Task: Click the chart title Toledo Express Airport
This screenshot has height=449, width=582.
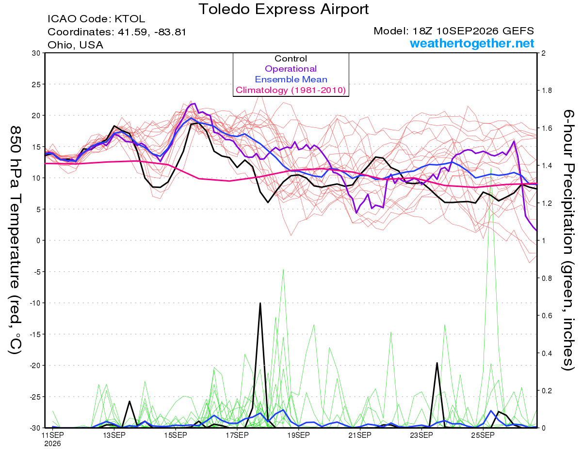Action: point(283,9)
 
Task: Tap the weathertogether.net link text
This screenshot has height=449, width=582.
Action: point(472,43)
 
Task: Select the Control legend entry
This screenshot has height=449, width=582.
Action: point(291,59)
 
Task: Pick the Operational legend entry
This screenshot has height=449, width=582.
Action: point(291,69)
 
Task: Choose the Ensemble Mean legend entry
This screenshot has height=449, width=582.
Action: point(291,79)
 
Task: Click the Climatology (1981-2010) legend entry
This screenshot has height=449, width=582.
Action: point(291,90)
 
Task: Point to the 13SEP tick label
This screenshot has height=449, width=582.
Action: point(114,435)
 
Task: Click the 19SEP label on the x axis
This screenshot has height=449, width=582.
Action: point(298,435)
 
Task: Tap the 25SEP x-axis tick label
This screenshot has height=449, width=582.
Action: point(483,435)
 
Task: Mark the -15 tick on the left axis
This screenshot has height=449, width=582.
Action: point(34,334)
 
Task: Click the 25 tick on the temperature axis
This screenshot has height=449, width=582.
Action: point(36,84)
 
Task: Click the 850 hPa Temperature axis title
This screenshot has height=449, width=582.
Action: point(16,240)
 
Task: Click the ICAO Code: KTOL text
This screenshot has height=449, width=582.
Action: point(96,19)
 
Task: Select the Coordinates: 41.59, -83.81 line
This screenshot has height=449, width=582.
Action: point(117,32)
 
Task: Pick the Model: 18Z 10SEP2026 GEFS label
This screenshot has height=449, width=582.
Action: point(453,31)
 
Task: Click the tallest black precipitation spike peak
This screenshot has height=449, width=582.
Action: point(260,303)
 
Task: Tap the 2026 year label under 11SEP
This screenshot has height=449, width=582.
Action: point(52,444)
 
